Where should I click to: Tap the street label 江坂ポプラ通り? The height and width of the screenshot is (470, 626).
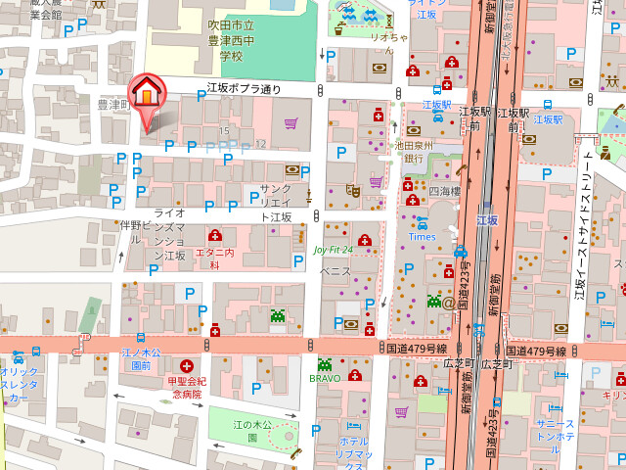[244, 89]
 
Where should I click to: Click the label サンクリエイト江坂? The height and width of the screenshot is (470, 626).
[276, 203]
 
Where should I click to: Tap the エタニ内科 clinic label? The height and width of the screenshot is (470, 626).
[215, 253]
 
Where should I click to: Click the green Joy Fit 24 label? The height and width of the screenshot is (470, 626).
[333, 250]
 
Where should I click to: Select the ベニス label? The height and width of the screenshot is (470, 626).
[335, 270]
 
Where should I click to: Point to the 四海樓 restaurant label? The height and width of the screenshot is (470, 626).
[442, 193]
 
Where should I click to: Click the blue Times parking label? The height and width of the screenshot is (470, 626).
[422, 237]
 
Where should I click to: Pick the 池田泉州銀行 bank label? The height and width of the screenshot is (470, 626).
[413, 151]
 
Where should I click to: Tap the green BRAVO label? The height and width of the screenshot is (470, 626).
[325, 377]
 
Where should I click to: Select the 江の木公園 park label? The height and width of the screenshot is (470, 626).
[250, 431]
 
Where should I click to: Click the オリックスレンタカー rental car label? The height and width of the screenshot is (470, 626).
[20, 385]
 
